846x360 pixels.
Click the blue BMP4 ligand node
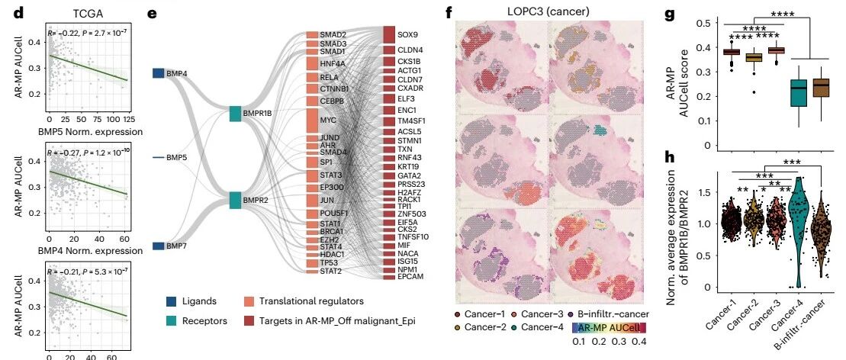click(x=158, y=73)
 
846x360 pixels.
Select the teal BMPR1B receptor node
click(x=235, y=114)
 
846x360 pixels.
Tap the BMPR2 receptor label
click(x=256, y=200)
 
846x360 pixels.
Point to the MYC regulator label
click(x=328, y=121)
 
